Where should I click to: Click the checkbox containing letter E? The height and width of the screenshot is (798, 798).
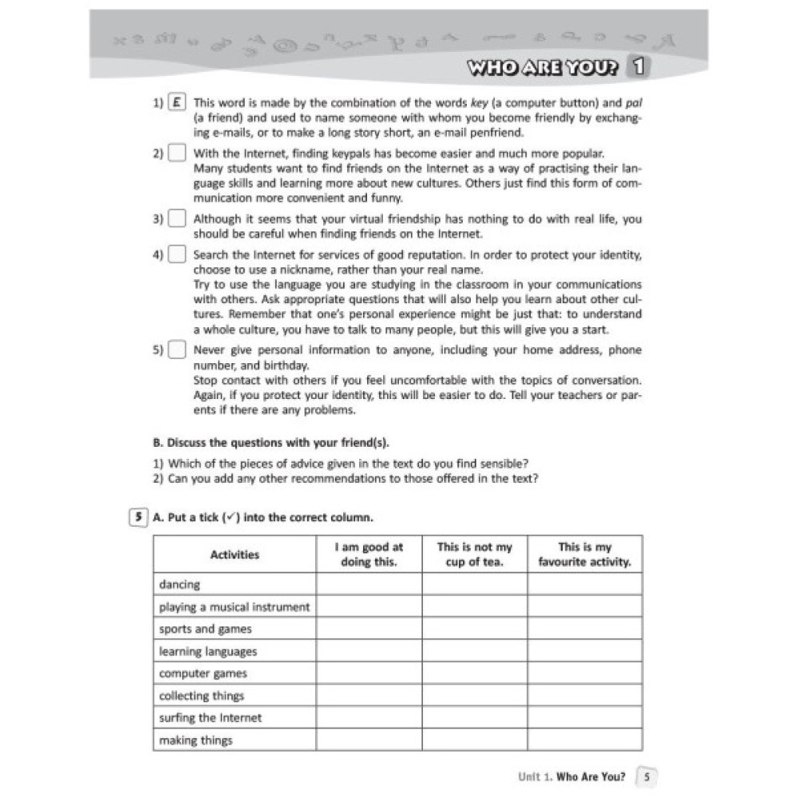(178, 102)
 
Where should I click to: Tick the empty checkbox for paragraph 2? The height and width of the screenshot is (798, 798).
(178, 153)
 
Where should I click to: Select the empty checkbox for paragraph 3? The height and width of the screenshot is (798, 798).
(178, 219)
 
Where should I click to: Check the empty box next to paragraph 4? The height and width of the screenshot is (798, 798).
(178, 255)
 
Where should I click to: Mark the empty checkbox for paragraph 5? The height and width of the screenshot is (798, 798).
(178, 350)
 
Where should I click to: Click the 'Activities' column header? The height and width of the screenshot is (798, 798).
(235, 555)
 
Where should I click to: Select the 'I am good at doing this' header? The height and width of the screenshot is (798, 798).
(369, 555)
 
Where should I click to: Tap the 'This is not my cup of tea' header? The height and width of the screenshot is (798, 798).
(475, 555)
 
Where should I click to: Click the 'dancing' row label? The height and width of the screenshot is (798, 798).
(180, 585)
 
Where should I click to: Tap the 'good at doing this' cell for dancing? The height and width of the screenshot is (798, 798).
(369, 585)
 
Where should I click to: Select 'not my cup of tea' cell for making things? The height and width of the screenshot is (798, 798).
(475, 741)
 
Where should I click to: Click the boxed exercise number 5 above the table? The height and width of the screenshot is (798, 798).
(138, 517)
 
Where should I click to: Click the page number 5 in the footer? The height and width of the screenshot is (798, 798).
(647, 776)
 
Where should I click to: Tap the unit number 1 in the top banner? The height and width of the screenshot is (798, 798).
(638, 67)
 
